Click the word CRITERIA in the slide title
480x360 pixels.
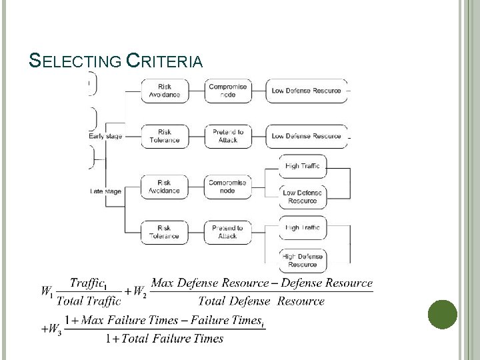click(164, 62)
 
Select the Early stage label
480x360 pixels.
click(105, 137)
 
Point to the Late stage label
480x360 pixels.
click(105, 191)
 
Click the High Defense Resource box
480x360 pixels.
click(303, 260)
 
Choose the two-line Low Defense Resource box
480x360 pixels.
click(303, 197)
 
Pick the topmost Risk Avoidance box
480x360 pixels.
click(164, 91)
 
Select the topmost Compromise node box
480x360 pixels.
click(227, 91)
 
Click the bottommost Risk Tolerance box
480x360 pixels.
click(164, 232)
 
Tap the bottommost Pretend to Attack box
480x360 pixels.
click(227, 232)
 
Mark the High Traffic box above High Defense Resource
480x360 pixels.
click(303, 228)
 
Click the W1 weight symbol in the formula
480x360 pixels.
click(47, 291)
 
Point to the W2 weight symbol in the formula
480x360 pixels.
click(139, 291)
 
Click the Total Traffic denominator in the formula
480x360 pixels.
click(89, 301)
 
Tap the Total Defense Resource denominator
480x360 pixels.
click(261, 301)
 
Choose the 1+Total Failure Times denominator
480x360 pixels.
click(165, 339)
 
